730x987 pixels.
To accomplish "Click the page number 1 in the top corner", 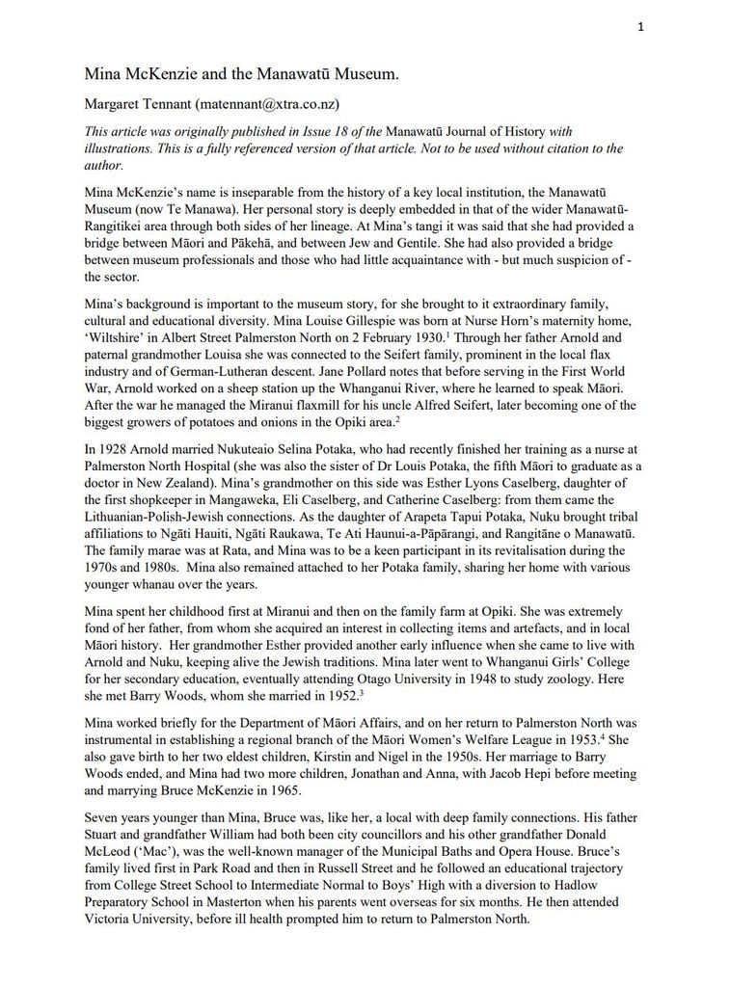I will (x=640, y=27).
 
